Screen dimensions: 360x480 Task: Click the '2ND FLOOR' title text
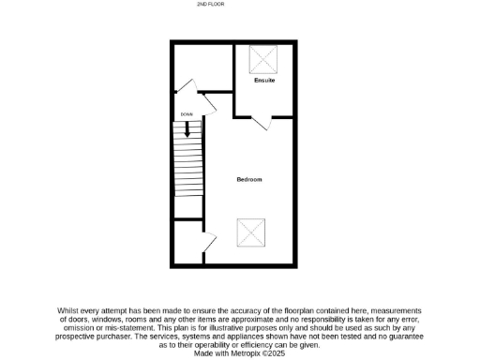[210, 5]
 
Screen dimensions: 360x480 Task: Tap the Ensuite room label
[265, 81]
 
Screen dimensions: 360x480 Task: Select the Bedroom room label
[248, 179]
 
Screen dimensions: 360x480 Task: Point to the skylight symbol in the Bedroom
[251, 231]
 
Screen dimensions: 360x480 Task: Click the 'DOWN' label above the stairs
[187, 114]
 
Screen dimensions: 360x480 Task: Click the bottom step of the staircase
[188, 212]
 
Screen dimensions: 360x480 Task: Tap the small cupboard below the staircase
[187, 243]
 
